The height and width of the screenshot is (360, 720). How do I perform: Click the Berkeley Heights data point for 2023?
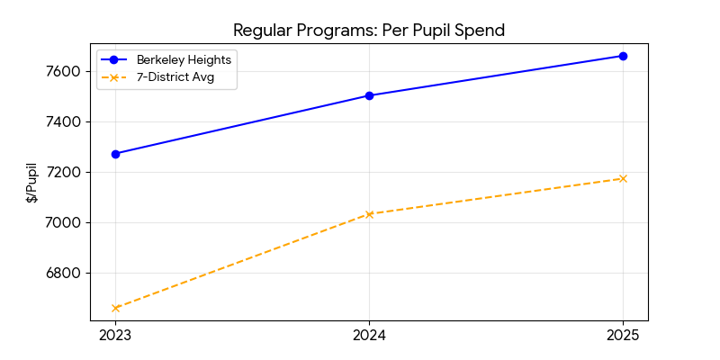[115, 154]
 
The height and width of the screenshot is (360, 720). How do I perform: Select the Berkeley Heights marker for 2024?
[369, 95]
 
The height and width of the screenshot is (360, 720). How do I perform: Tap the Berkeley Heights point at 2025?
[623, 56]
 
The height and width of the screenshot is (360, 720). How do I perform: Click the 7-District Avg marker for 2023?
[115, 308]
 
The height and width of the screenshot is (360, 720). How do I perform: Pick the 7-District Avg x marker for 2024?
[369, 214]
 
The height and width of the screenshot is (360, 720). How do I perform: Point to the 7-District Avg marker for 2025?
[623, 178]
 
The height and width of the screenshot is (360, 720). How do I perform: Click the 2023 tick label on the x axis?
[115, 336]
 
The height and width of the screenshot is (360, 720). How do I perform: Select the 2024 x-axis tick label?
[369, 336]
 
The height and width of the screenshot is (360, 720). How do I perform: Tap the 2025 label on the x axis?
[623, 336]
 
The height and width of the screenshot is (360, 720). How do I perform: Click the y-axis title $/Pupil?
[32, 183]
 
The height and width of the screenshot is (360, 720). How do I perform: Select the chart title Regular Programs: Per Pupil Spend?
[369, 30]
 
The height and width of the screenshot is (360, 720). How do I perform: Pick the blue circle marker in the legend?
[114, 59]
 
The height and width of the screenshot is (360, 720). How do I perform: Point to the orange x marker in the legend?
[114, 77]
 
